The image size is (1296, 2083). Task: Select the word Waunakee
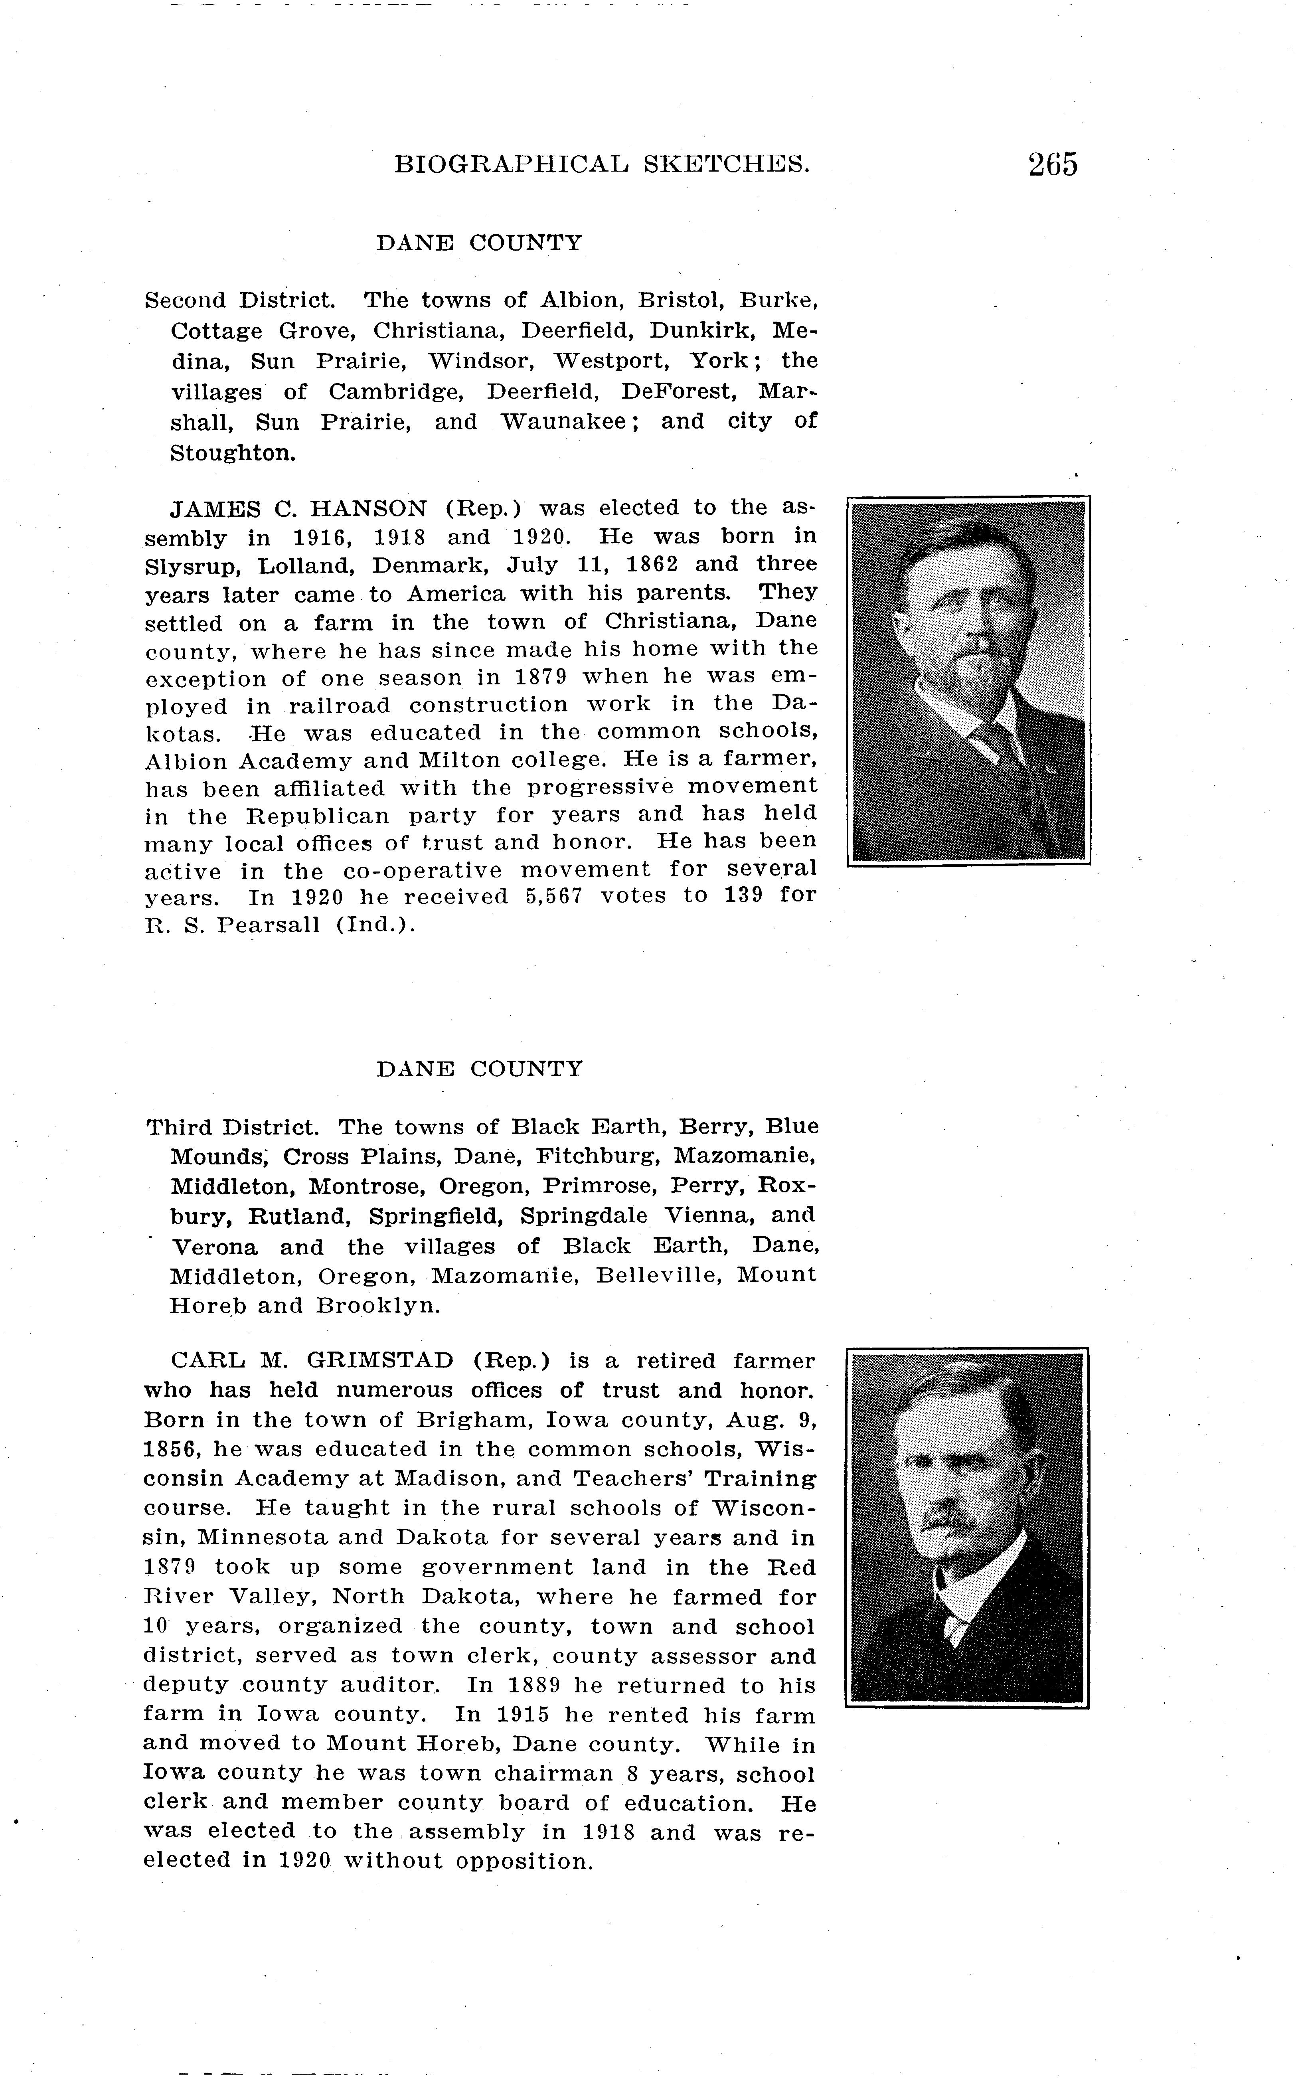tap(565, 422)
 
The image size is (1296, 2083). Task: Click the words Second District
tap(239, 301)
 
